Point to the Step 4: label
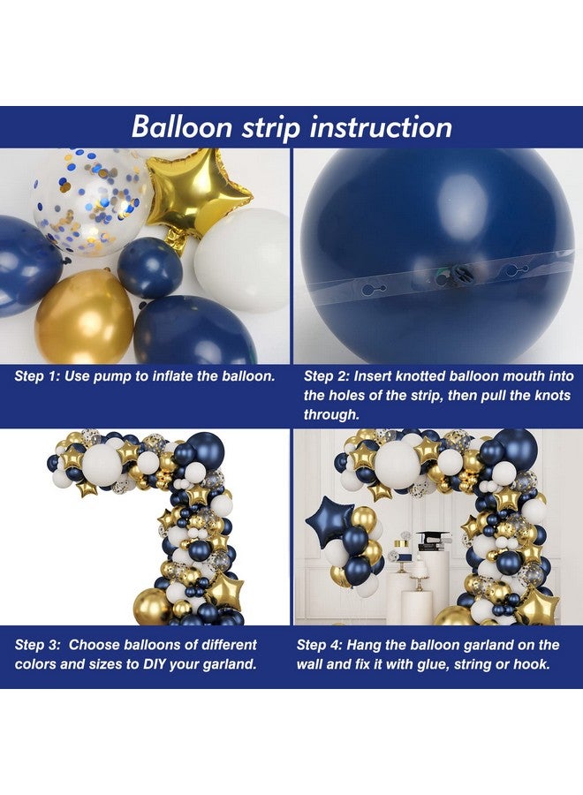click(326, 645)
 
